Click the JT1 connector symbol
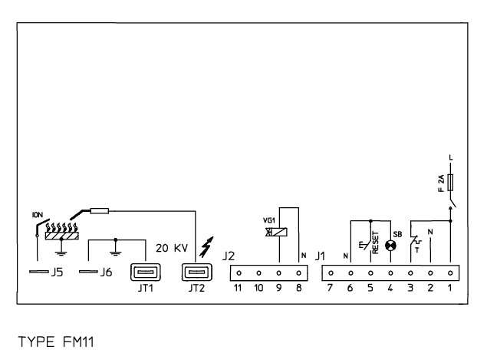(143, 272)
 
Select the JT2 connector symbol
(195, 272)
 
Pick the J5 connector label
(56, 272)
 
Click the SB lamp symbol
(390, 246)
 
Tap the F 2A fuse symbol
(449, 183)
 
